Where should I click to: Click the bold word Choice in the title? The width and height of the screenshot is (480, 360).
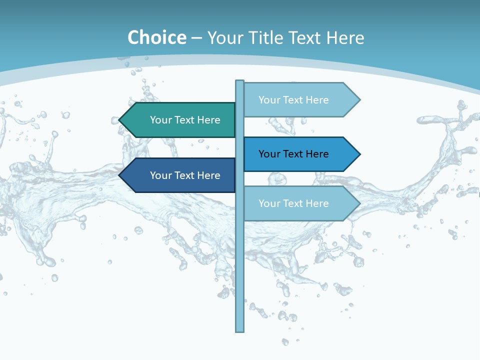[x=156, y=37]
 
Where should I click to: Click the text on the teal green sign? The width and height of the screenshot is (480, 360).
[x=185, y=120]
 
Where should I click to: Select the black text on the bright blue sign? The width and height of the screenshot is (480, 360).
[x=293, y=154]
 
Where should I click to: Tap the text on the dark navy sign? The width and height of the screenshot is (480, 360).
[x=185, y=175]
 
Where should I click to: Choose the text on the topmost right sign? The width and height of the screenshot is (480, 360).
[x=293, y=100]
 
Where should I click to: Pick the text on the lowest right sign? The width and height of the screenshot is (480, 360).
[x=293, y=203]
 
